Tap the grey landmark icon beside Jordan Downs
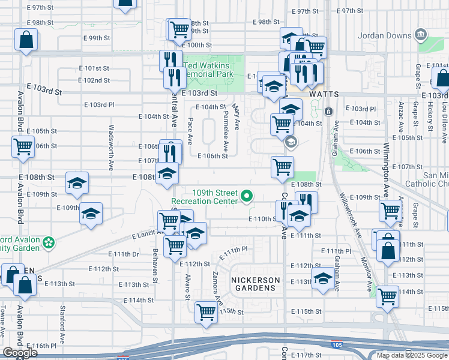421,35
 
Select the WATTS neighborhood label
324,95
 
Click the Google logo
20,353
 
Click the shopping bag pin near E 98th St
27,41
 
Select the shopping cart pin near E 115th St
206,312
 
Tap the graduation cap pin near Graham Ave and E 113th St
323,279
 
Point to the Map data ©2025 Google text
412,355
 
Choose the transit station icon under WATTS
328,112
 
